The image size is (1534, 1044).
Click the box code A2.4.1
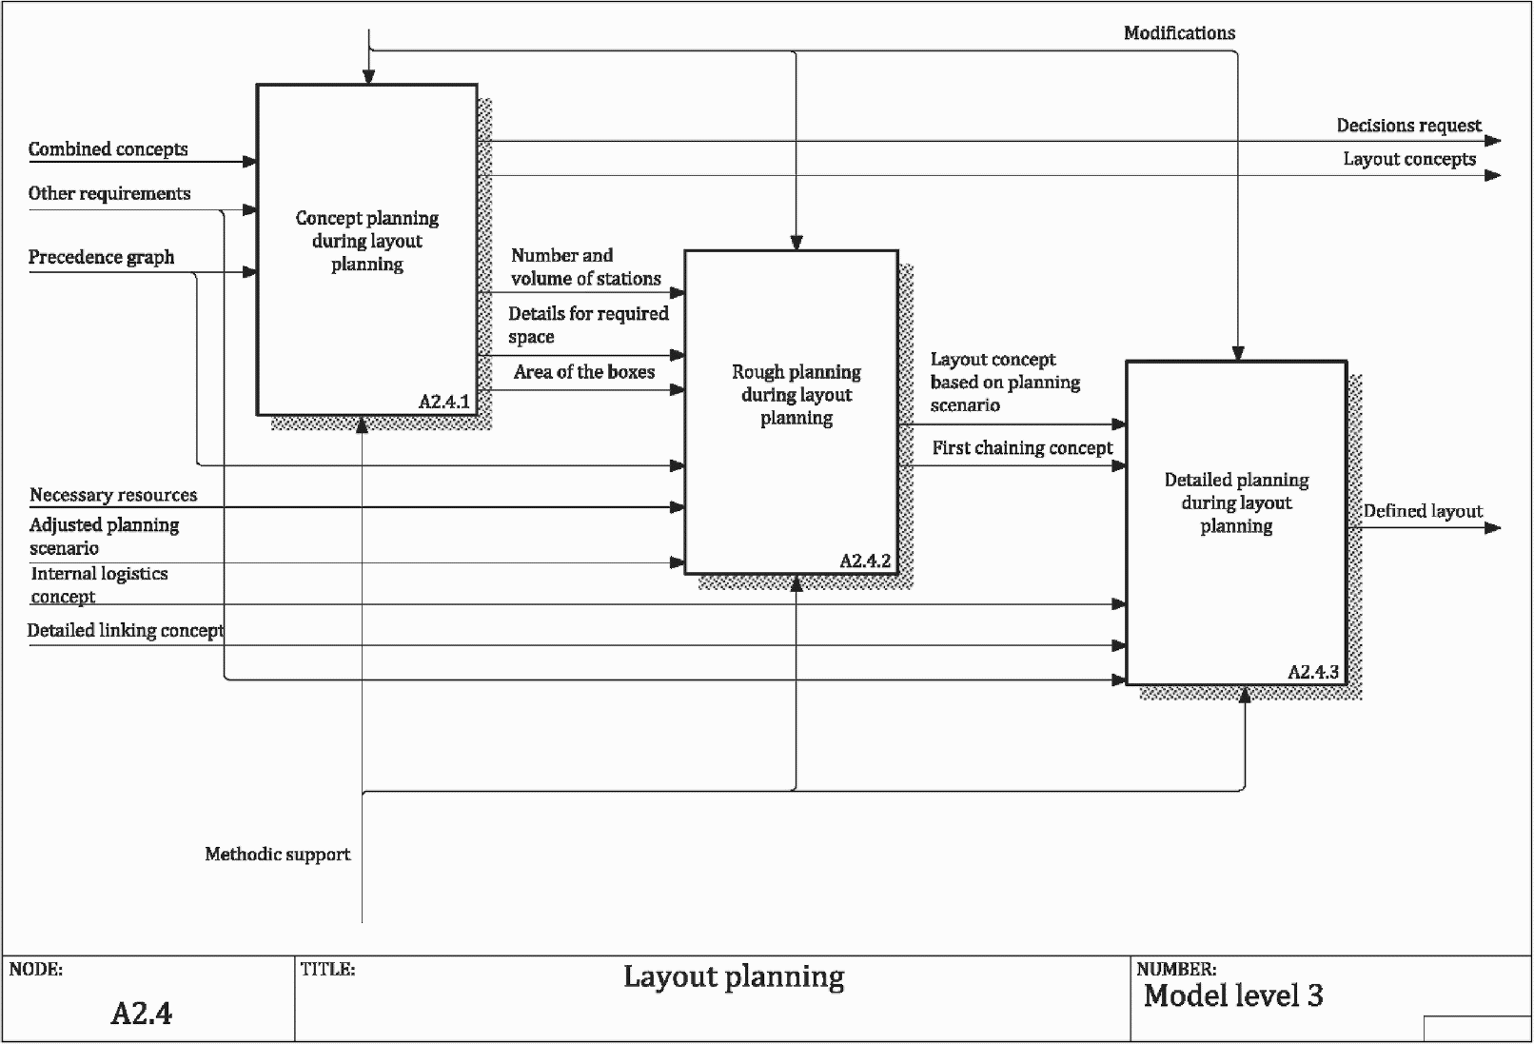pos(444,402)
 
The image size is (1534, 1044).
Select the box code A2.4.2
pos(866,561)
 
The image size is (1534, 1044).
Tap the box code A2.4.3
pos(1313,672)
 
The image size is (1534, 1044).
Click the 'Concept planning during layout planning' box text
pos(367,241)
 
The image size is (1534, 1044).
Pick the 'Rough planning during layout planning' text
pos(796,395)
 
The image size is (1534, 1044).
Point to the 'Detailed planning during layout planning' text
pos(1237,502)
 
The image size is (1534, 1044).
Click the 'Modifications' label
pos(1179,33)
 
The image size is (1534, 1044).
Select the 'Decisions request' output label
pos(1408,126)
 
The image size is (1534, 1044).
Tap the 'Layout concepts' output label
pos(1409,159)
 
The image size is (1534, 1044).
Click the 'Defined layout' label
pos(1423,511)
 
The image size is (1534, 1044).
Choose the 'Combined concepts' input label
pos(108,149)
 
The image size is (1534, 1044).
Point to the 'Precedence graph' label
pos(102,258)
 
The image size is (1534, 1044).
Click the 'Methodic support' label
pos(277,855)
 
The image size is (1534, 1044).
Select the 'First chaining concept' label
pos(1022,448)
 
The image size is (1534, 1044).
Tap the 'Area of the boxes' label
pos(584,372)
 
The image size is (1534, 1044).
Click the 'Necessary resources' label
pos(113,495)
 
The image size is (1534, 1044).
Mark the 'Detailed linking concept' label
pos(126,630)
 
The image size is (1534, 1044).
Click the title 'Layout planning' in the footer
pos(734,977)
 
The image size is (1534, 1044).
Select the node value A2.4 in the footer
pos(142,1014)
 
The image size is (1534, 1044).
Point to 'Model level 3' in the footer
pos(1233,995)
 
